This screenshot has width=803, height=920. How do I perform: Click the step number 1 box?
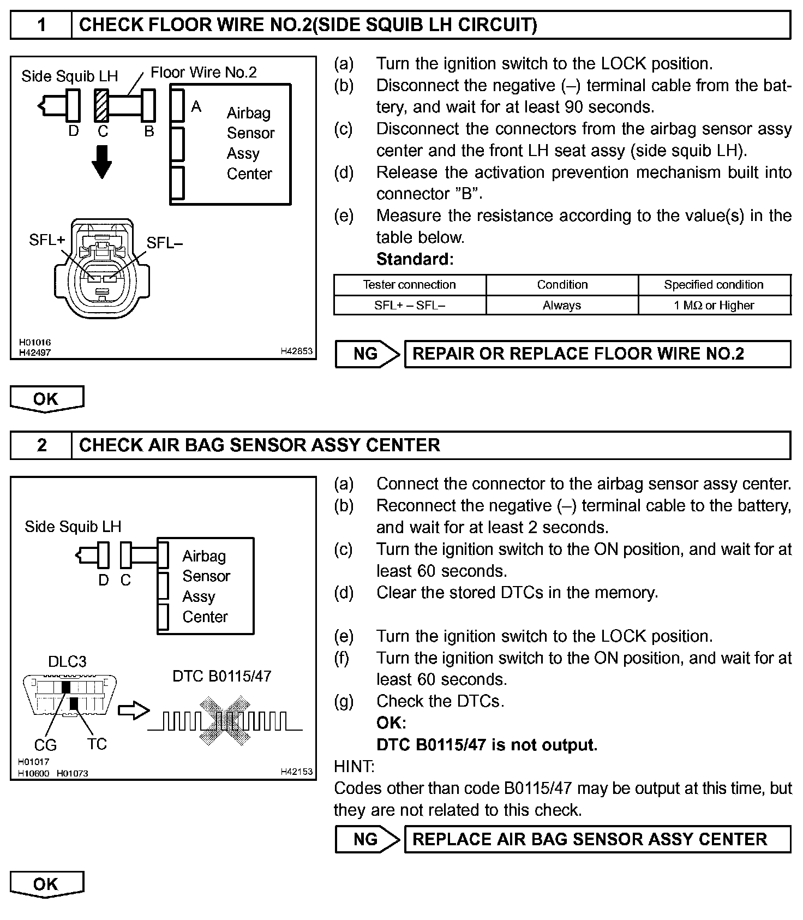pyautogui.click(x=41, y=25)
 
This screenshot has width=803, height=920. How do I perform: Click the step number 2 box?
pyautogui.click(x=41, y=445)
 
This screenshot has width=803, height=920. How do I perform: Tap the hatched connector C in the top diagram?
pyautogui.click(x=101, y=105)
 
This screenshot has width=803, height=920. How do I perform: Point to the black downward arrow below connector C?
pyautogui.click(x=101, y=162)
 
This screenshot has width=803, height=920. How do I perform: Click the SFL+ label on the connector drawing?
pyautogui.click(x=47, y=240)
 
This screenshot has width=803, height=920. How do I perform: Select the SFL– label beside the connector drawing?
pyautogui.click(x=164, y=243)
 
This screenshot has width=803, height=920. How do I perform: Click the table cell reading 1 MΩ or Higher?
pyautogui.click(x=714, y=306)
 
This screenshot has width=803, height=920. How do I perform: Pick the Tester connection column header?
pyautogui.click(x=409, y=285)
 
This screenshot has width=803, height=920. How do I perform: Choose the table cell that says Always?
pyautogui.click(x=562, y=306)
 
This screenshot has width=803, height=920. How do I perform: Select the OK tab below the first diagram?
pyautogui.click(x=46, y=399)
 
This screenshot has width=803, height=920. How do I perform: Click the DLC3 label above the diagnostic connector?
pyautogui.click(x=67, y=662)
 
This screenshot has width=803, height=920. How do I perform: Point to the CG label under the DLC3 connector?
pyautogui.click(x=45, y=745)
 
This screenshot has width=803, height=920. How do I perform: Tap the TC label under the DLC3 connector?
pyautogui.click(x=97, y=744)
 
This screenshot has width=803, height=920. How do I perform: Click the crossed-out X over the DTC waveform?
pyautogui.click(x=223, y=721)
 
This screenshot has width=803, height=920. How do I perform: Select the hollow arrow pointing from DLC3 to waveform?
pyautogui.click(x=134, y=710)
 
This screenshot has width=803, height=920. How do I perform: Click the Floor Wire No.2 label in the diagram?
pyautogui.click(x=203, y=73)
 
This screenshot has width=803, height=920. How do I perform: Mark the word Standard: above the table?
pyautogui.click(x=415, y=259)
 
